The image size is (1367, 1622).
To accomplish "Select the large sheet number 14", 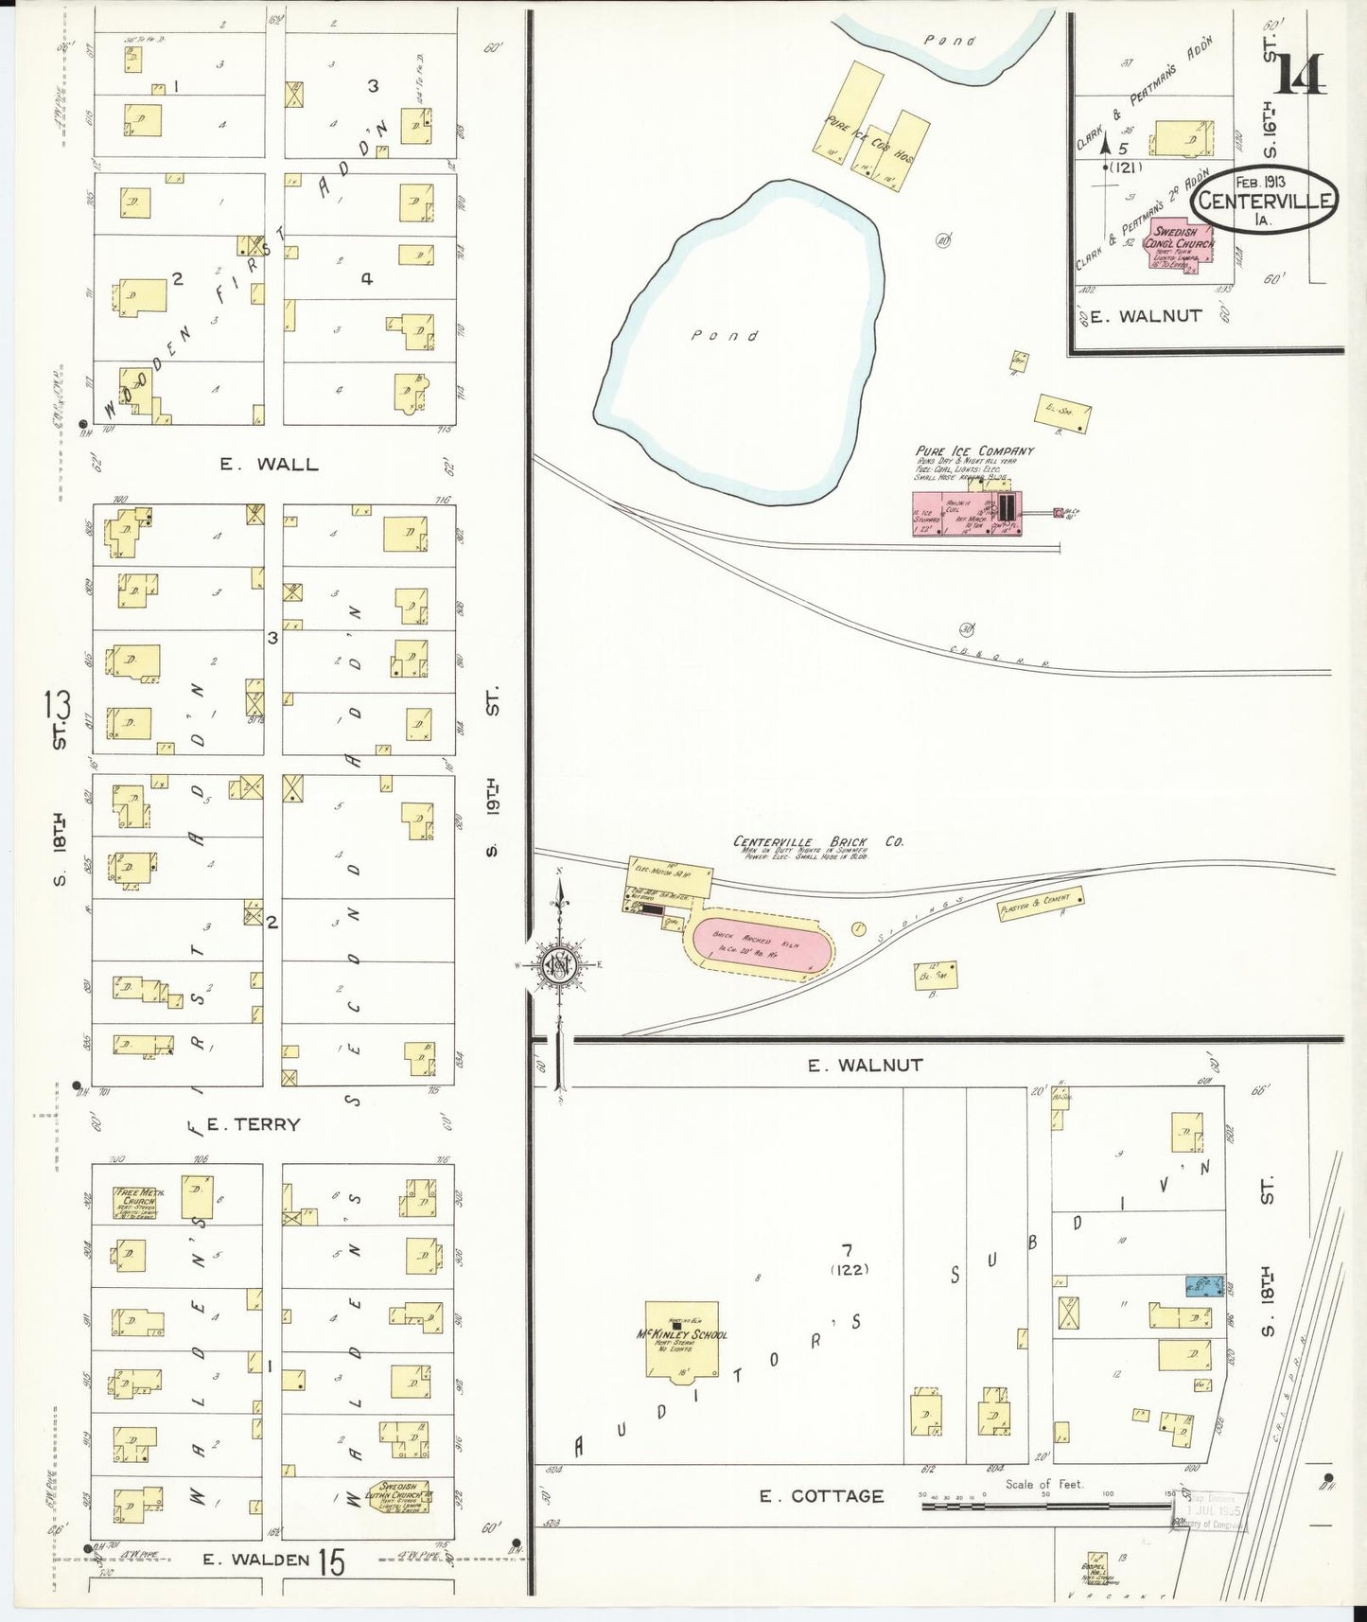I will click(1299, 75).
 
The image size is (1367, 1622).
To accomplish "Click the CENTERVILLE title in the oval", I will click(1264, 201).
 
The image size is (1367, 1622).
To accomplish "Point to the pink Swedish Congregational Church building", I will click(1181, 247).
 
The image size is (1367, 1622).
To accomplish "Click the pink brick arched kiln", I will click(762, 942).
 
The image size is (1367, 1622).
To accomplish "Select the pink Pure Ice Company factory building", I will click(966, 513).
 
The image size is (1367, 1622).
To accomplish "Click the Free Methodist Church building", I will click(138, 1201).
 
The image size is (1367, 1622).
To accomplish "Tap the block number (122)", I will click(849, 1270).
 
